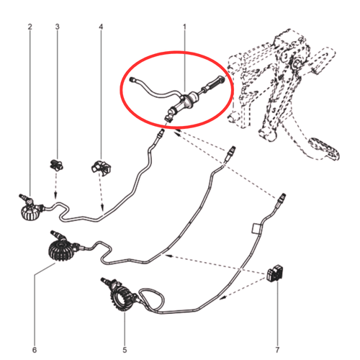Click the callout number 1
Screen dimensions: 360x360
(184, 27)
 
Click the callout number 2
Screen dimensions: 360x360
(30, 27)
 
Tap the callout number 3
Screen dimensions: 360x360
(57, 27)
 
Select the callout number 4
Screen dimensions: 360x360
(101, 27)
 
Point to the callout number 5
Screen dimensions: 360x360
(125, 350)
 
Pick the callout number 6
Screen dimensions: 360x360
(35, 350)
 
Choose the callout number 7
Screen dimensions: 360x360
(277, 350)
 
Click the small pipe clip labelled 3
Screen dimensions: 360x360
(56, 165)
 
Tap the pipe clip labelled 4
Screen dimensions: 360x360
(102, 167)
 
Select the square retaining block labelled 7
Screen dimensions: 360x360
(275, 272)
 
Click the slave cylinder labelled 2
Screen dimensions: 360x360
(31, 208)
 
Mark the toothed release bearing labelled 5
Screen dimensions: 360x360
(121, 294)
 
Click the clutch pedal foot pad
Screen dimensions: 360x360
(325, 148)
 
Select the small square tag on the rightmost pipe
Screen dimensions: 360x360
(256, 228)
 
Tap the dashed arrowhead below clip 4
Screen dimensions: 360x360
(102, 207)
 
